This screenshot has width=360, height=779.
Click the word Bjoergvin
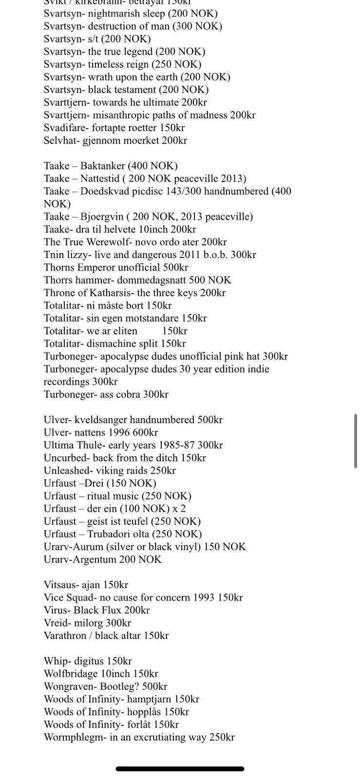point(102,217)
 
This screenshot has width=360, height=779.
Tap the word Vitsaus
point(60,585)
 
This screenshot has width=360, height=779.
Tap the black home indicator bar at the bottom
point(180,769)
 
